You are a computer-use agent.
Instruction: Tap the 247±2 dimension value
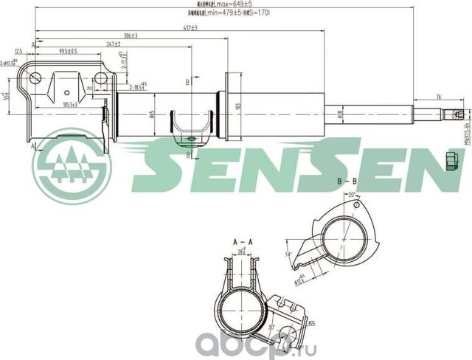tap(114, 44)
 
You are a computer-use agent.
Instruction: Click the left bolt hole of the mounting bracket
tap(34, 77)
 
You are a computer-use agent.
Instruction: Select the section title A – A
tap(243, 242)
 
